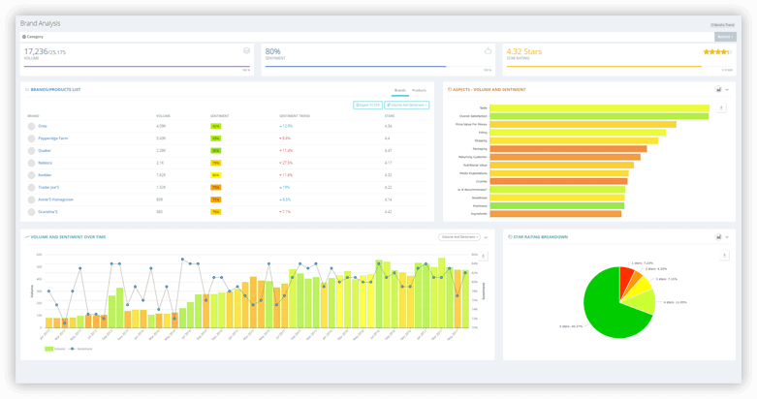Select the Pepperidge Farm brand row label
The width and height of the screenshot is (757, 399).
tap(51, 138)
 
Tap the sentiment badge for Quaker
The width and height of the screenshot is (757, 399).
tap(215, 150)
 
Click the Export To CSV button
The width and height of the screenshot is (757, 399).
tap(367, 104)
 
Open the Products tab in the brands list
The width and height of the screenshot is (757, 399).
tap(419, 89)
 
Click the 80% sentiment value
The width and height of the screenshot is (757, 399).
tap(273, 50)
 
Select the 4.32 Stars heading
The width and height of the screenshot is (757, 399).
tap(529, 50)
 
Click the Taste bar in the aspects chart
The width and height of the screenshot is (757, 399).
tap(599, 107)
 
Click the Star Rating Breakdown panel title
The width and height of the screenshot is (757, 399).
tap(541, 236)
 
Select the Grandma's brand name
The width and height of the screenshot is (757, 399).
tap(47, 211)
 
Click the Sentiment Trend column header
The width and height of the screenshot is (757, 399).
tap(295, 115)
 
